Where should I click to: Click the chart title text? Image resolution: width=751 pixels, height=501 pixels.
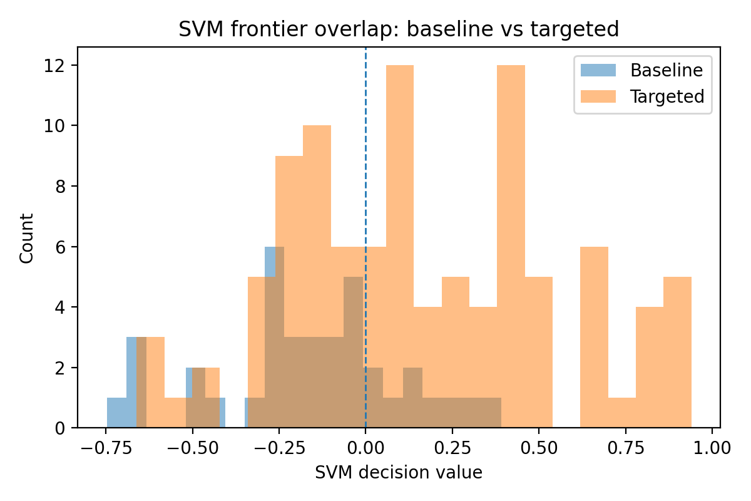tap(399, 29)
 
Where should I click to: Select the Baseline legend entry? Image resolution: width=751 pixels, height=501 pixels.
tap(666, 70)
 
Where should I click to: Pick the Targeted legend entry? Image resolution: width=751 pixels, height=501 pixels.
tap(667, 96)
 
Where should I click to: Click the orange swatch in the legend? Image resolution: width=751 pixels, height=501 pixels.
tap(599, 96)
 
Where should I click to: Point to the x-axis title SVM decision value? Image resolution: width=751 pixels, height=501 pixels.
tap(399, 473)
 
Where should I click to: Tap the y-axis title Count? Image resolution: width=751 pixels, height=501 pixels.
tap(26, 238)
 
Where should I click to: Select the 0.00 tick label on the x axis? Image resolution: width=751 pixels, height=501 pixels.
tap(365, 448)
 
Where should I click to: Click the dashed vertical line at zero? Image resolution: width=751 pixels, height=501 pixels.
tap(365, 157)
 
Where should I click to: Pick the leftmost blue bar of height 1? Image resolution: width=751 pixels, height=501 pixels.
tap(116, 413)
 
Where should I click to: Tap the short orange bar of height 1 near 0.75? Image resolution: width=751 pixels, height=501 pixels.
tap(621, 413)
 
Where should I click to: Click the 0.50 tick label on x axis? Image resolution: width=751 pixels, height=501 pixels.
tap(539, 448)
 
